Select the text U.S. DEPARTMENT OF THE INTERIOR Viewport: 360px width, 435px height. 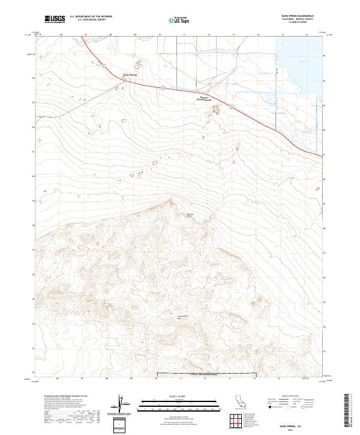coord(91,17)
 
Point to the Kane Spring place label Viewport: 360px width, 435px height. coord(130,75)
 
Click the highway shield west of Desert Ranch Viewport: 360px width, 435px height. coord(162,88)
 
